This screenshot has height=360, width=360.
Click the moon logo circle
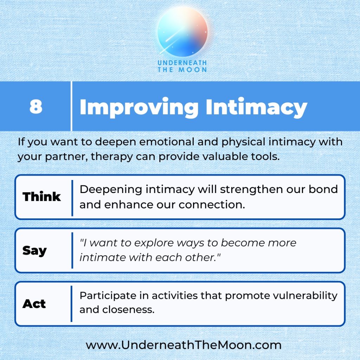[x=182, y=32]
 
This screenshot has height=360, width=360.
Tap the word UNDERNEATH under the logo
[x=182, y=63]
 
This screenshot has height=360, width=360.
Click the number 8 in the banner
[x=36, y=107]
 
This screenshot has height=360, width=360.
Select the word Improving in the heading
[x=139, y=108]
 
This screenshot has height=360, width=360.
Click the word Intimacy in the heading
[x=256, y=108]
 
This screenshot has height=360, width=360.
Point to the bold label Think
[x=41, y=197]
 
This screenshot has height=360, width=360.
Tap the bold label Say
[x=34, y=251]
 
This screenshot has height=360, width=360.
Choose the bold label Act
[x=34, y=304]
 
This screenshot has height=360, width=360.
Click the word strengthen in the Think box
[x=251, y=190]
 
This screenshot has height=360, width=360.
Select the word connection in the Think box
[x=212, y=205]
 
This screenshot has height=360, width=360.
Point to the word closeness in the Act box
[x=128, y=310]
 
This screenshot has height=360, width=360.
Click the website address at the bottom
[x=184, y=345]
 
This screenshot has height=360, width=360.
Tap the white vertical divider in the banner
[x=71, y=106]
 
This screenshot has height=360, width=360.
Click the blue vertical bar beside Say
[x=72, y=250]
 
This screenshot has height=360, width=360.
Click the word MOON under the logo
[x=193, y=70]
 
